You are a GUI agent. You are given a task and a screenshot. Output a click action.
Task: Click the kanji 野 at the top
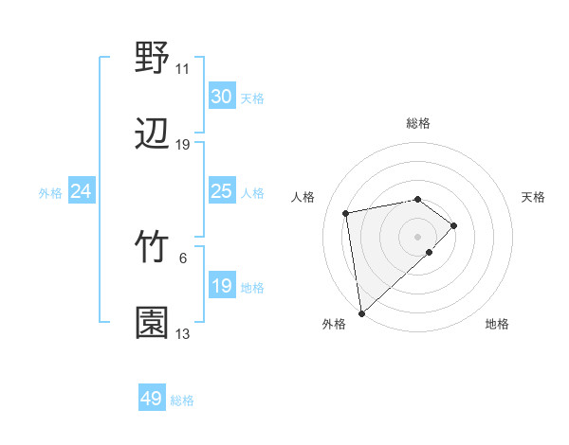tap(152, 58)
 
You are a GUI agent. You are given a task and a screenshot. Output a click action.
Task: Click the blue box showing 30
tap(221, 97)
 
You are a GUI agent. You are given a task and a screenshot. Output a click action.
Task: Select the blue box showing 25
tap(221, 191)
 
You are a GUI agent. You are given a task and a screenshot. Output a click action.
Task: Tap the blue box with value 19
tap(221, 286)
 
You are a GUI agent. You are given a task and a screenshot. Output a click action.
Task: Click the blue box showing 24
tap(82, 191)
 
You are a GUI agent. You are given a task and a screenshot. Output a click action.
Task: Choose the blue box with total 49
tap(152, 399)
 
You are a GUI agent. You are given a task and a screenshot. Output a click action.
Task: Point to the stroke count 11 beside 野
tap(182, 69)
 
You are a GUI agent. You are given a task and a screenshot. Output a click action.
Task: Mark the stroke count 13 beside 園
tap(182, 334)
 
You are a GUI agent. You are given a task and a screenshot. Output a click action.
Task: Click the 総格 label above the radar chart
tap(418, 123)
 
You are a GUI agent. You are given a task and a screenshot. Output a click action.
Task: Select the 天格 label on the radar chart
tap(533, 197)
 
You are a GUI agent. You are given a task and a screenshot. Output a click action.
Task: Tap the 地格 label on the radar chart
tap(497, 324)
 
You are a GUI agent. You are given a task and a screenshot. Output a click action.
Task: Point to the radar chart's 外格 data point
tap(361, 312)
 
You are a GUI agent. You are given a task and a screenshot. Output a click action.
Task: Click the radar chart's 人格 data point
tap(346, 212)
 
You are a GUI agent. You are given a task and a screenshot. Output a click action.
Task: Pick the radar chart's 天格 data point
tap(454, 225)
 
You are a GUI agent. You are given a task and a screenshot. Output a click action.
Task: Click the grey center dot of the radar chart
tap(418, 237)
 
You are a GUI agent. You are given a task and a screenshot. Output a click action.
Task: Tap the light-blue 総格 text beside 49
tap(182, 400)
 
